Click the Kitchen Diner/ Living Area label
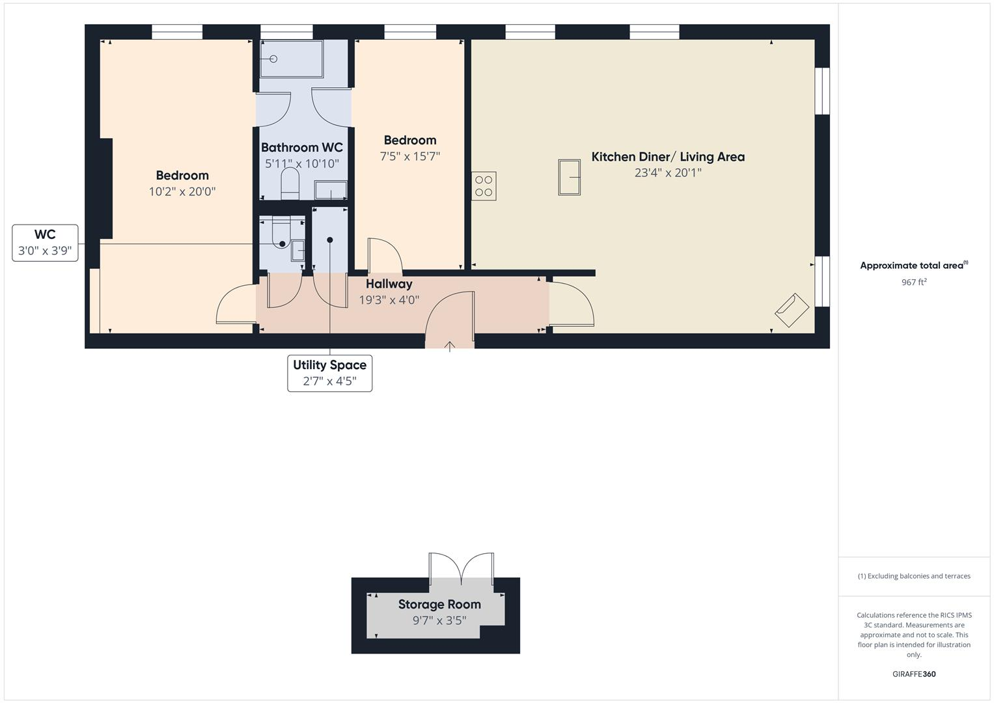coord(667,157)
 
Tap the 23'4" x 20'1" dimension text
coord(667,173)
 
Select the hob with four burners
coord(484,186)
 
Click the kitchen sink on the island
coord(569,177)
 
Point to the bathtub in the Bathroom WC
coord(291,59)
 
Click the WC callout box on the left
coord(45,243)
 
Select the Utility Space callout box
coord(329,373)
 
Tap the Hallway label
coord(389,284)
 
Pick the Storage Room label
coord(439,605)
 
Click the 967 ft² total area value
coord(914,283)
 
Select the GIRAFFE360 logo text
coord(914,674)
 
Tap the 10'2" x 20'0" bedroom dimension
coord(182,192)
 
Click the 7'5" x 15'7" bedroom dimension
coord(410,157)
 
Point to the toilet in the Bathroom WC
coord(290,184)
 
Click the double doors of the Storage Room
coord(461,566)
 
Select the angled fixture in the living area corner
coord(792,310)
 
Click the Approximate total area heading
coord(914,266)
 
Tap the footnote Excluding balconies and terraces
coord(914,576)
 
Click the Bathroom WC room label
coord(301,148)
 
